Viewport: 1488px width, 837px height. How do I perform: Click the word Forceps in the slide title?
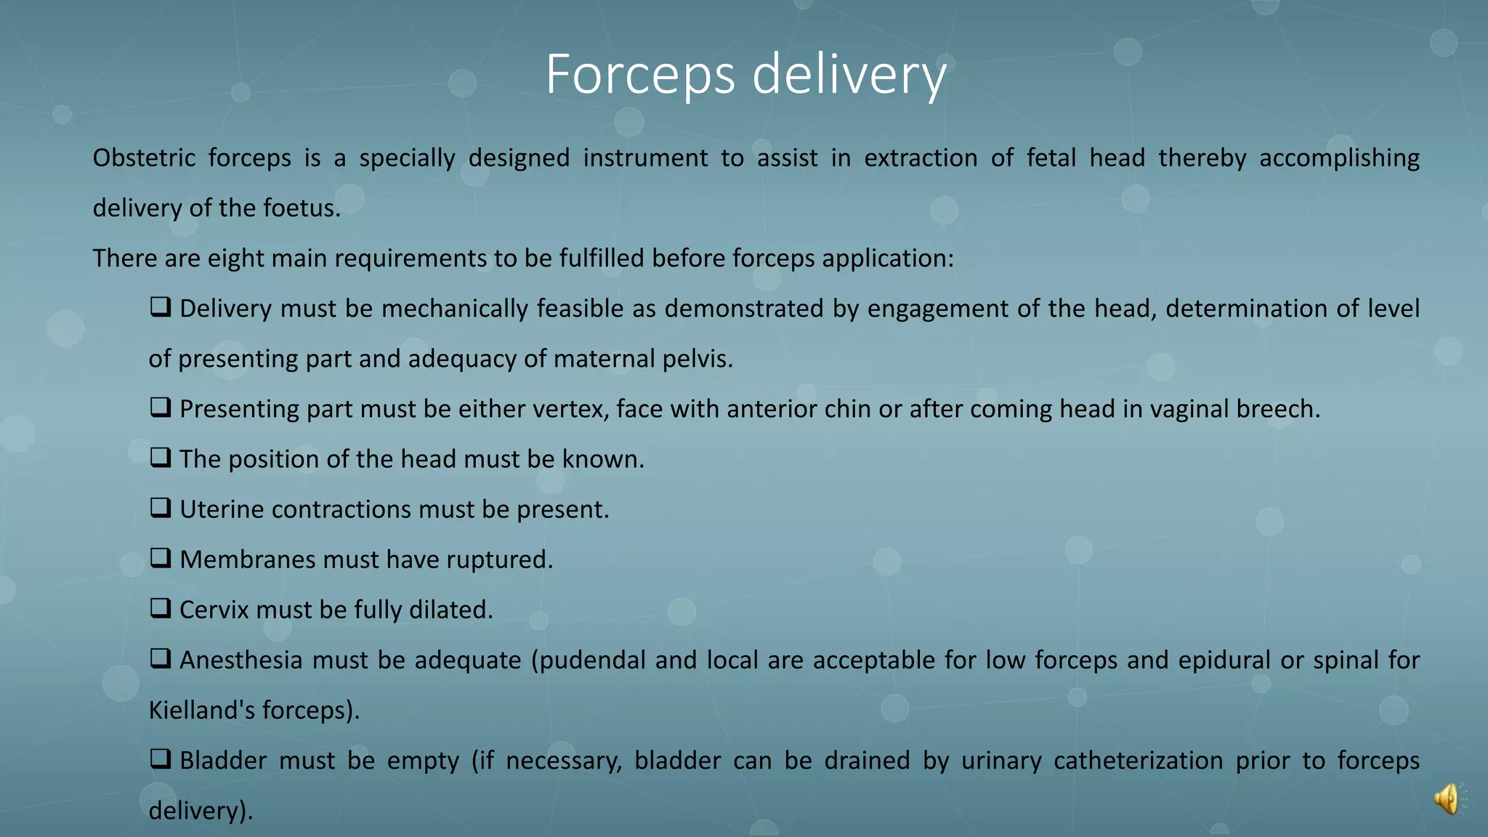pyautogui.click(x=640, y=75)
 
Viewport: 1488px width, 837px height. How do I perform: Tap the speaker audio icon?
pyautogui.click(x=1447, y=799)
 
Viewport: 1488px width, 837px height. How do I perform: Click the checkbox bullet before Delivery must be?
pyautogui.click(x=161, y=307)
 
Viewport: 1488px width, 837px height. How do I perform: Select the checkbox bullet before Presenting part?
pyautogui.click(x=161, y=408)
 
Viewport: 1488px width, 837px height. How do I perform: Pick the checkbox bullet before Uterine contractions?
pyautogui.click(x=161, y=508)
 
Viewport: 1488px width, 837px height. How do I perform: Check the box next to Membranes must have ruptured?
pyautogui.click(x=161, y=558)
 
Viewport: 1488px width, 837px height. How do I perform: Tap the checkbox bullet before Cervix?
pyautogui.click(x=161, y=608)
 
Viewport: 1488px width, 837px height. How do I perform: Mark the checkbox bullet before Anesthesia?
pyautogui.click(x=161, y=658)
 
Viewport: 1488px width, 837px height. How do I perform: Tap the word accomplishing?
pyautogui.click(x=1339, y=158)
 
